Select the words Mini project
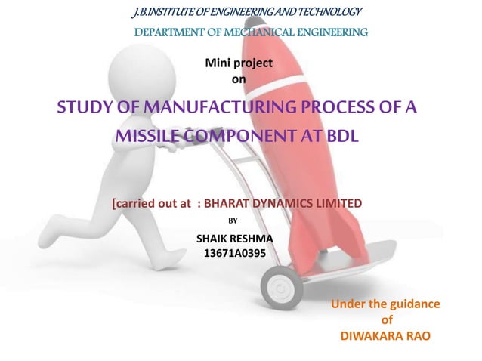click(239, 63)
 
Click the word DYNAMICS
click(285, 203)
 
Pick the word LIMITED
click(338, 203)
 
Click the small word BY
click(233, 221)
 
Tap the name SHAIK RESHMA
click(234, 239)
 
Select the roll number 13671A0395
click(235, 253)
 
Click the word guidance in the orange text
click(411, 304)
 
